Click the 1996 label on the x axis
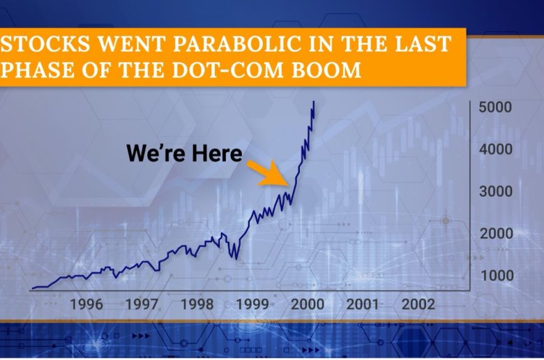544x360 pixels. [86, 304]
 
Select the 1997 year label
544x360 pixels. [141, 304]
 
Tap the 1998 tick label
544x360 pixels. [197, 304]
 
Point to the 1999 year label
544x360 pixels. [252, 304]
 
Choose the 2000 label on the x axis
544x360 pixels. [308, 304]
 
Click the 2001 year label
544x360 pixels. [362, 304]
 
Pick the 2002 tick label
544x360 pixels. [418, 304]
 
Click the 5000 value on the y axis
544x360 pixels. [495, 107]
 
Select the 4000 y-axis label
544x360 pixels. [495, 149]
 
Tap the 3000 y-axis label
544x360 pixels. [496, 191]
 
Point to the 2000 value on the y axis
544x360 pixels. [496, 233]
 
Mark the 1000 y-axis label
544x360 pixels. [497, 276]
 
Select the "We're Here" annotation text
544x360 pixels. [184, 153]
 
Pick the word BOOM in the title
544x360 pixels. [326, 70]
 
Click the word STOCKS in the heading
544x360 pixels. [45, 44]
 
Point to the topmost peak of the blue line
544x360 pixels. [314, 101]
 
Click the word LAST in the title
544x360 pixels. [423, 44]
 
